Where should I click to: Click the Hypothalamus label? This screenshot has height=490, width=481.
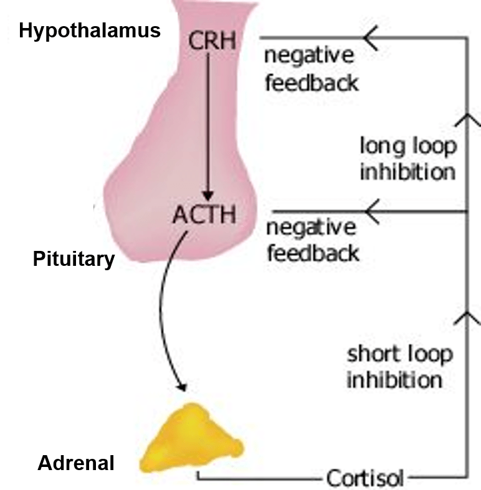coord(90,31)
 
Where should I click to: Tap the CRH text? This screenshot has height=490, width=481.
coord(212,41)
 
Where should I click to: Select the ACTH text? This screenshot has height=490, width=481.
coord(204,214)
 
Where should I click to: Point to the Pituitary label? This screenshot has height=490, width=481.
coord(74,259)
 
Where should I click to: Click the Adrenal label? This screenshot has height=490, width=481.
coord(76,463)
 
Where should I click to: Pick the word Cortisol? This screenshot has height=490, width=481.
coord(364,478)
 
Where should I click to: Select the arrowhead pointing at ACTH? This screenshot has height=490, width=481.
coord(372,212)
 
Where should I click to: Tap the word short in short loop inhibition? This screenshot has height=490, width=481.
coord(371,354)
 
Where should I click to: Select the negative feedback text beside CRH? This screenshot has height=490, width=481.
coord(311,68)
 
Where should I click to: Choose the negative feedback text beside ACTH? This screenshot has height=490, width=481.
coord(312,240)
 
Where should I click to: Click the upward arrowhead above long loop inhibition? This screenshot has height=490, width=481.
coord(467,118)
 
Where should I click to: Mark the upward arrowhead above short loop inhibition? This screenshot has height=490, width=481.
coord(467,318)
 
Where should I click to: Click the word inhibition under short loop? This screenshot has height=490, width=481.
coord(394,379)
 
